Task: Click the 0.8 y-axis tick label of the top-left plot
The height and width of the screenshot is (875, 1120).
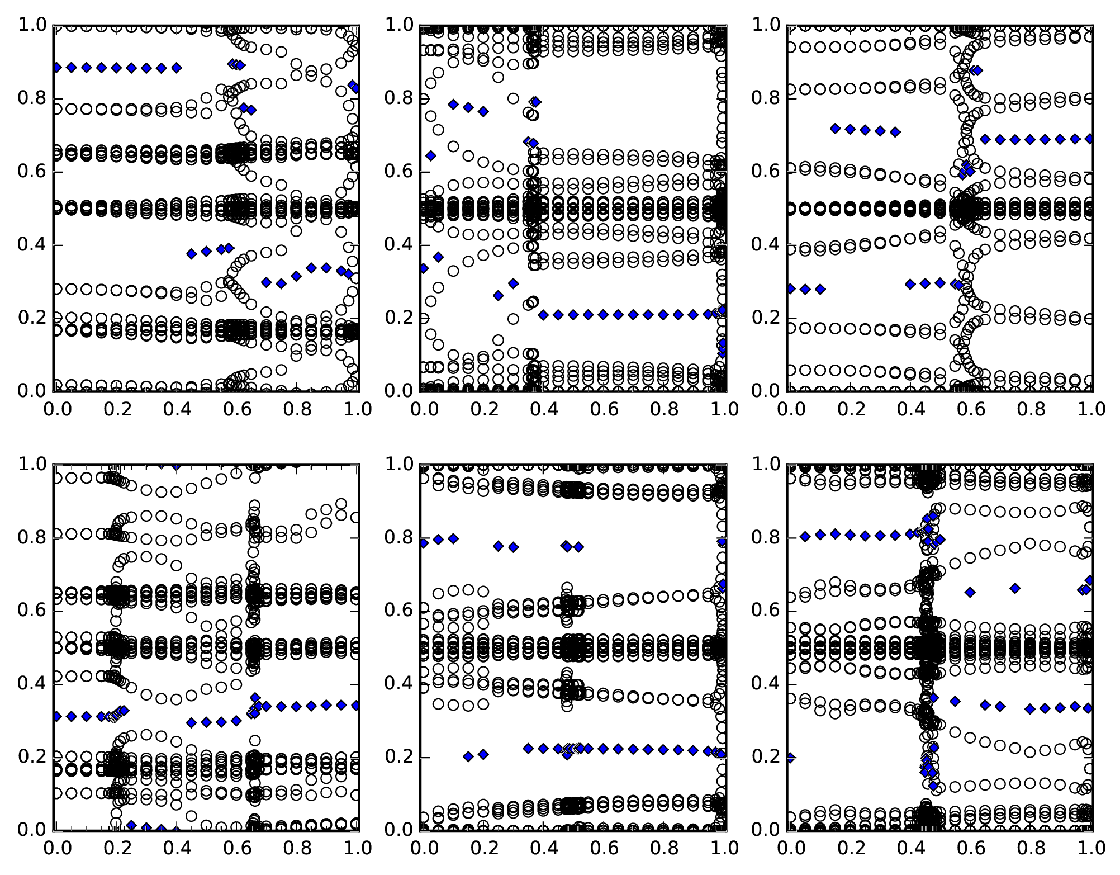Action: click(32, 98)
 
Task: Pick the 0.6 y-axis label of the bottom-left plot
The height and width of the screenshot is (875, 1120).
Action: click(32, 611)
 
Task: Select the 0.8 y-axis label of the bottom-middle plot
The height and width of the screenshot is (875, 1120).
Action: click(399, 538)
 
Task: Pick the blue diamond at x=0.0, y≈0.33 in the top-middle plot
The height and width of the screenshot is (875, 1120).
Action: click(424, 268)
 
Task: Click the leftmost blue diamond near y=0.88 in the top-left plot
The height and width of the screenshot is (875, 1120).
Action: click(57, 68)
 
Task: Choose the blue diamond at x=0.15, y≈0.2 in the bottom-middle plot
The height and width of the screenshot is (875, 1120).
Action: click(468, 756)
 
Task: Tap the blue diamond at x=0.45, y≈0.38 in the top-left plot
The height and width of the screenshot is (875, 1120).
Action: click(192, 254)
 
